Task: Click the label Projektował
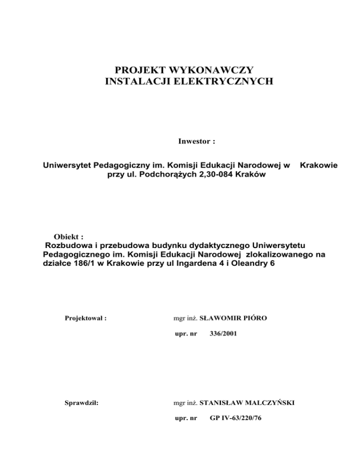[x=85, y=318]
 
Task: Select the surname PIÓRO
[x=265, y=318]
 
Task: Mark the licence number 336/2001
[x=220, y=336]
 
